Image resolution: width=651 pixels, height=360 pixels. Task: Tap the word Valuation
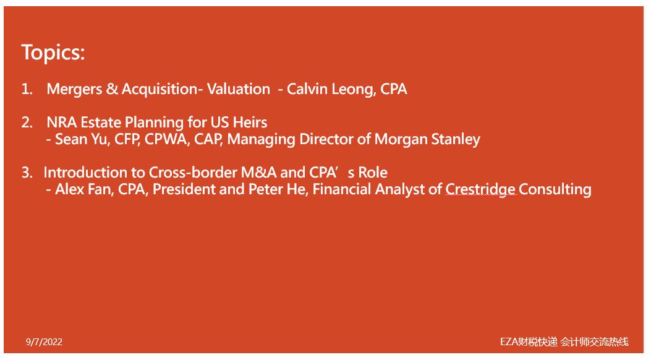(238, 89)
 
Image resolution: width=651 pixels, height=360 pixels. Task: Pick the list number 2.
(27, 122)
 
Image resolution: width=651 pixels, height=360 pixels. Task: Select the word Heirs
(250, 122)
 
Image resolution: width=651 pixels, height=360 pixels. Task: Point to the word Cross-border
(193, 173)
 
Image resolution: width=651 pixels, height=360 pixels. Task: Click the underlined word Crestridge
(480, 190)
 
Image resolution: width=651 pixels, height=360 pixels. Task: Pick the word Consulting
(555, 190)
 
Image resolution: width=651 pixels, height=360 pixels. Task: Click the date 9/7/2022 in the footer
(44, 342)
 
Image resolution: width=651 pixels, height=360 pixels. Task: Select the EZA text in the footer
(509, 341)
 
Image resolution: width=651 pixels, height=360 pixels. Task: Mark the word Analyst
(400, 190)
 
